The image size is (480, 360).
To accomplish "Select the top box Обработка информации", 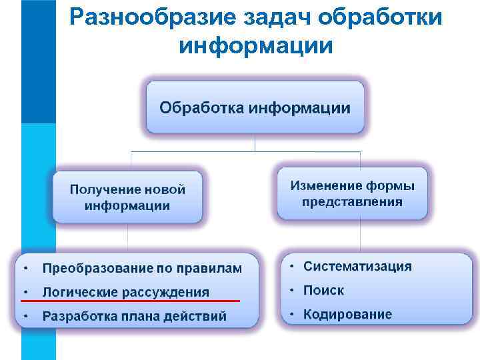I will tap(255, 107).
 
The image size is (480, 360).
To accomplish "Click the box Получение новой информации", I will tap(127, 197).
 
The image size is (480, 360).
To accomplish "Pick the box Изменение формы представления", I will tap(352, 193).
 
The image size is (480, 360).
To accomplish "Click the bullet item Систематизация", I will tap(357, 267).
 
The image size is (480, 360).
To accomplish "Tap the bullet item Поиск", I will tap(323, 291).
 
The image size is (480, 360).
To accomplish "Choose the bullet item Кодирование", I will tap(347, 315).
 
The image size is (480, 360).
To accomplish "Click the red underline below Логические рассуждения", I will tap(127, 301).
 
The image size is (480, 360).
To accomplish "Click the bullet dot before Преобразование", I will tap(25, 269).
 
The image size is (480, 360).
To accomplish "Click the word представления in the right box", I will tap(352, 201).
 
